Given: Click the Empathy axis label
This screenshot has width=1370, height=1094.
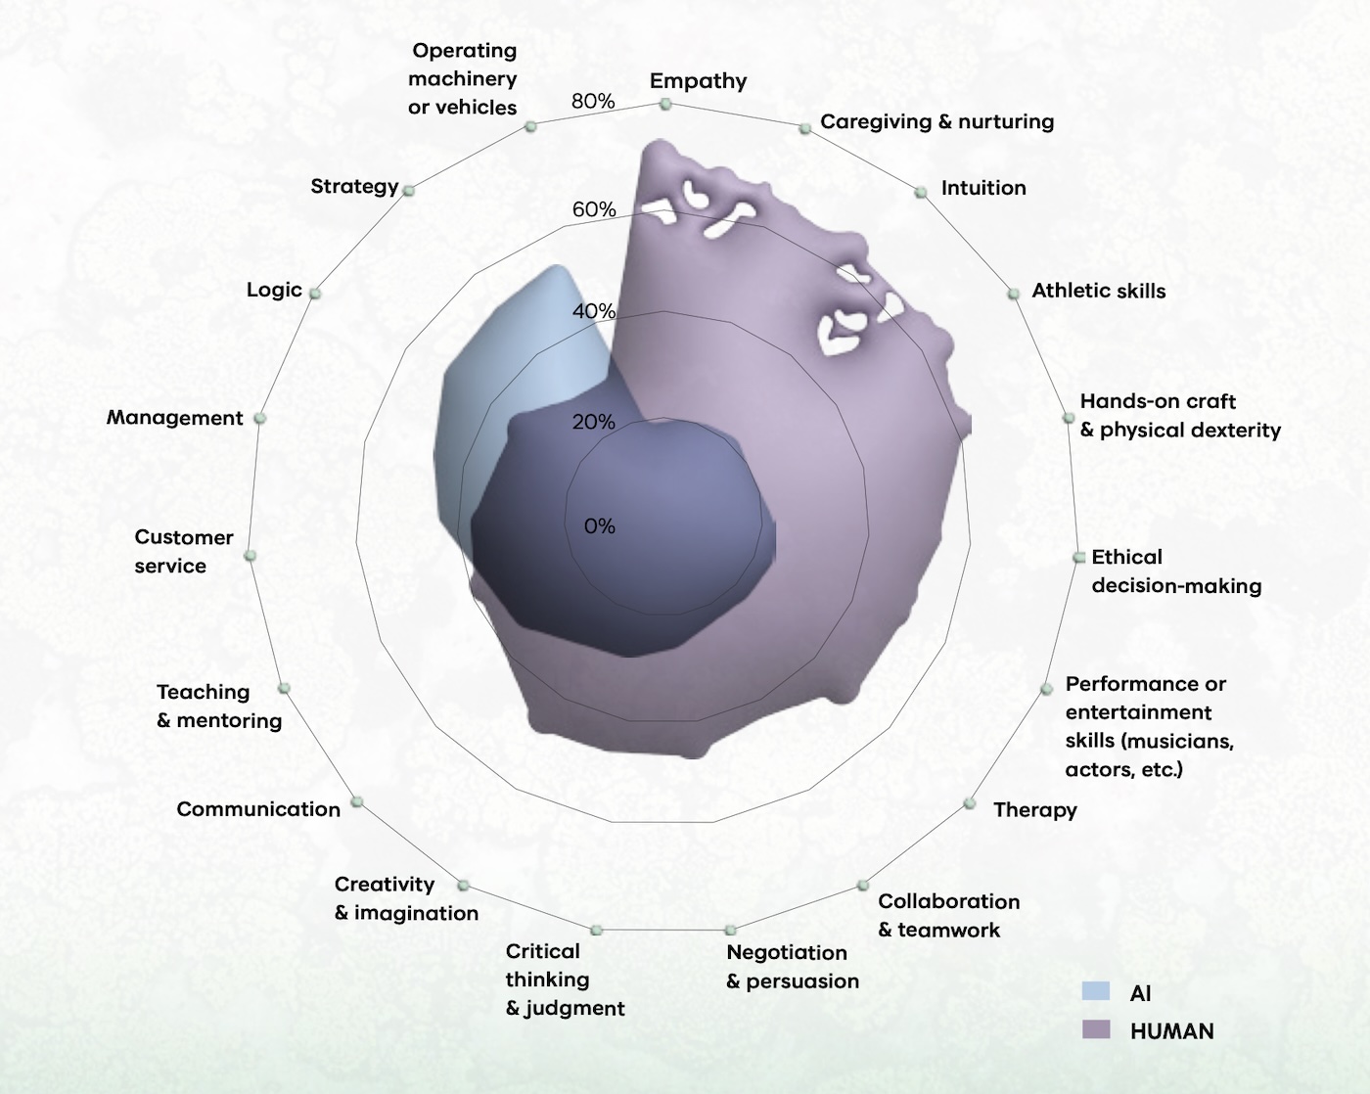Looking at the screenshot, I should [x=698, y=80].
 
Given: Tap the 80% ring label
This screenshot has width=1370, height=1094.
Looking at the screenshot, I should [x=593, y=101].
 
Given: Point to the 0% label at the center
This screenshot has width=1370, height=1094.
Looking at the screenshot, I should [x=599, y=525].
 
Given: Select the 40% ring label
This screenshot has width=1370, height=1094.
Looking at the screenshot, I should [x=593, y=311].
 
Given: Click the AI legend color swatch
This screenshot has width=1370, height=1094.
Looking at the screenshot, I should [x=1096, y=991].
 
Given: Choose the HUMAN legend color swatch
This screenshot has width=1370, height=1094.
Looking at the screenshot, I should [x=1096, y=1029].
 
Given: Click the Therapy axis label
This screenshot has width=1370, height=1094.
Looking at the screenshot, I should [x=1034, y=809].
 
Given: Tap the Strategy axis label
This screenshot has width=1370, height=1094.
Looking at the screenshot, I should [x=354, y=186].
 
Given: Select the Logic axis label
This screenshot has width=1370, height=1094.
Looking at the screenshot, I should [x=274, y=290].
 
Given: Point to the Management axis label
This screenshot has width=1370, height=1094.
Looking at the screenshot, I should [x=174, y=417].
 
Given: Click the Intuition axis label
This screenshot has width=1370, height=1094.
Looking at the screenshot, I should [x=983, y=187].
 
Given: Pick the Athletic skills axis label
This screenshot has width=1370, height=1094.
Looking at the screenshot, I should [x=1098, y=290].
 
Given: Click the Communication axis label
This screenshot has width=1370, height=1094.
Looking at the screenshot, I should [x=258, y=808].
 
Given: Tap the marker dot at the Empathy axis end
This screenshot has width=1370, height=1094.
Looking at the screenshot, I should [x=665, y=104].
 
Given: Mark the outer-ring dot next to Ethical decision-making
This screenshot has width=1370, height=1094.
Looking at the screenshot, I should [x=1078, y=557].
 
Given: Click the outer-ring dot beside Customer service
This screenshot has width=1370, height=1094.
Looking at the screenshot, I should [x=251, y=555].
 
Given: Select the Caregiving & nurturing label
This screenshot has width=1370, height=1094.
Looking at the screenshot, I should [x=936, y=121].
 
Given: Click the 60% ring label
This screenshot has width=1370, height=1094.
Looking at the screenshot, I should [x=594, y=208].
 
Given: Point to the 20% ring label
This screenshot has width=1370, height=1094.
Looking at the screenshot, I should [x=594, y=422].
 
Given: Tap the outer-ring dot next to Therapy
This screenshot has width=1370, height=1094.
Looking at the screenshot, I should [x=969, y=803].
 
